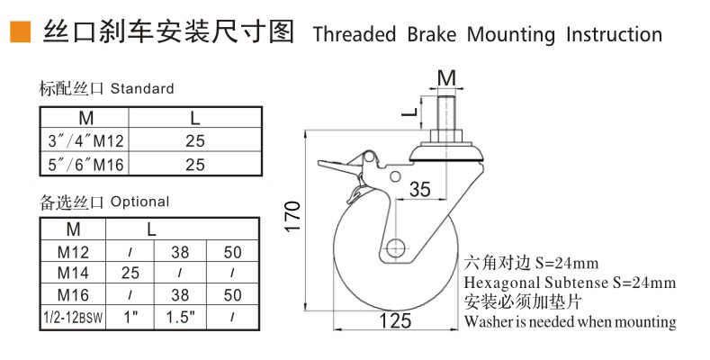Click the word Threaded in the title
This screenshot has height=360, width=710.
click(x=354, y=34)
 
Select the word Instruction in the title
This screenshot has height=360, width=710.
click(x=615, y=34)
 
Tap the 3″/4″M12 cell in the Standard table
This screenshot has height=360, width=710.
click(x=85, y=140)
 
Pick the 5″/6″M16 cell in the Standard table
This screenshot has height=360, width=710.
click(x=85, y=164)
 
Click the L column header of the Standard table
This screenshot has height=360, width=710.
click(x=195, y=118)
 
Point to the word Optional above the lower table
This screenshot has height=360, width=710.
click(x=139, y=202)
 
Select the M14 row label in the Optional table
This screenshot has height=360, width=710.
click(x=73, y=271)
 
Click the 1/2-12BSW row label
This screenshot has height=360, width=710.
click(x=73, y=316)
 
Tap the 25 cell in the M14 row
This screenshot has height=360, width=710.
click(x=130, y=271)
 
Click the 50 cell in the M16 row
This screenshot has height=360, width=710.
click(x=233, y=293)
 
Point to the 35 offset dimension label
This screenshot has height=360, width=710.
click(x=420, y=190)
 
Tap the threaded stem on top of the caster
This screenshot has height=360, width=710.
click(x=445, y=115)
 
